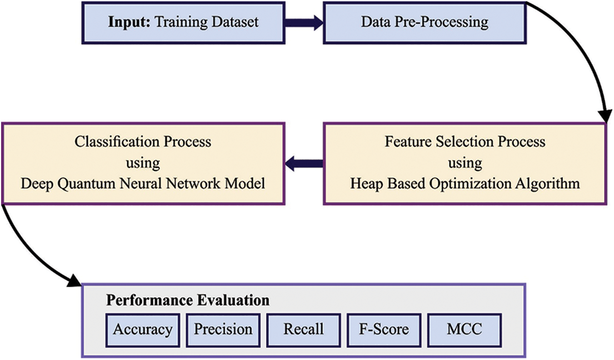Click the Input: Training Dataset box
click(183, 23)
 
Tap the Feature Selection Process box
click(465, 163)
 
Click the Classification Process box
click(143, 163)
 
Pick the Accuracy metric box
click(142, 329)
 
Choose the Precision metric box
click(223, 329)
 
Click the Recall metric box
click(303, 329)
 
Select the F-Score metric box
click(384, 329)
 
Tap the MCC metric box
click(465, 329)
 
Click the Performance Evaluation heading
click(188, 301)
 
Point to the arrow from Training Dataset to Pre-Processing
click(303, 23)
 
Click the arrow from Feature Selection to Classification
click(304, 163)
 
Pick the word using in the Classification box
click(143, 163)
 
